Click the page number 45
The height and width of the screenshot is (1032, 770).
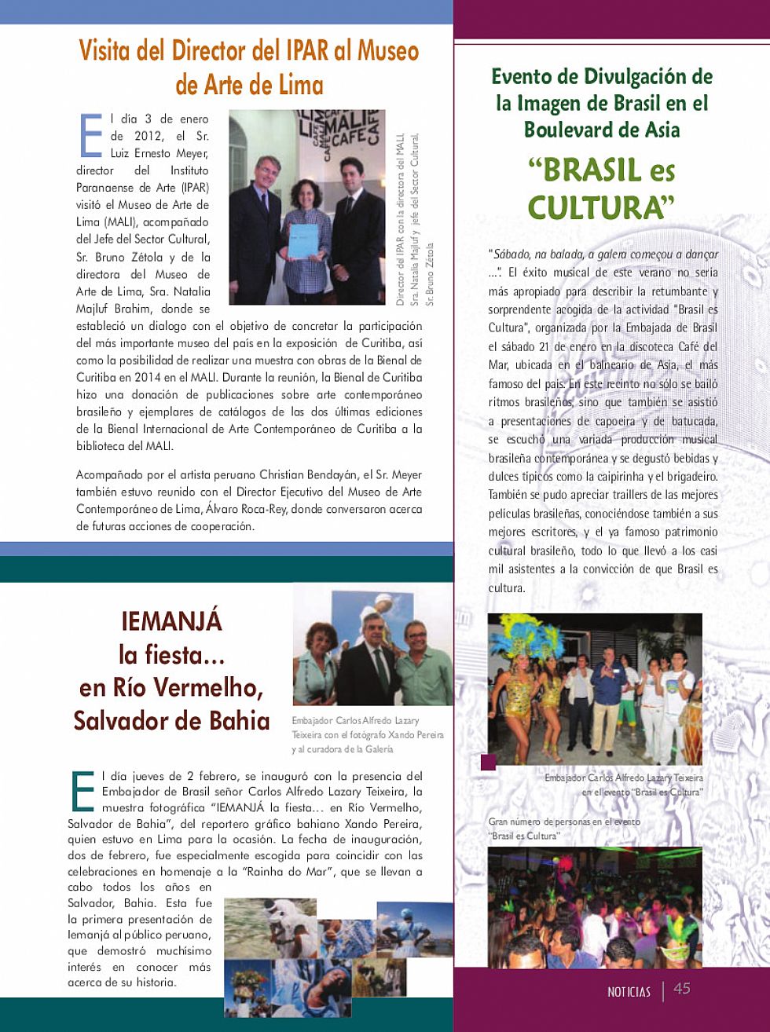pyautogui.click(x=681, y=989)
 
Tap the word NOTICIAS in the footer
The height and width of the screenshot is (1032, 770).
pyautogui.click(x=629, y=992)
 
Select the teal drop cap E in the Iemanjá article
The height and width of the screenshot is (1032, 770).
pyautogui.click(x=82, y=791)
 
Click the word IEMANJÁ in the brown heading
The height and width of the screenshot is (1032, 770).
pyautogui.click(x=171, y=621)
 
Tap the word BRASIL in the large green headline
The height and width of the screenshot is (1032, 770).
pyautogui.click(x=582, y=170)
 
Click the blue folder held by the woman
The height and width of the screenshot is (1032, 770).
pyautogui.click(x=303, y=241)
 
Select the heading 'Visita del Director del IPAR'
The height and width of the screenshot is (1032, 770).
pyautogui.click(x=248, y=51)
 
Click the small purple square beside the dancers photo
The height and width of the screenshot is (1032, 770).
pyautogui.click(x=488, y=761)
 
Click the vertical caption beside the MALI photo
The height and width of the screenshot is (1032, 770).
pyautogui.click(x=414, y=219)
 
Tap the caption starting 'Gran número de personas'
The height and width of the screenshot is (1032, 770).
pyautogui.click(x=563, y=829)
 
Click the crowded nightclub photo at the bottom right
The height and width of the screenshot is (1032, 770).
pyautogui.click(x=594, y=906)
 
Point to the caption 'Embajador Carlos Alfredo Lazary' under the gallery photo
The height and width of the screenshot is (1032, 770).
pyautogui.click(x=367, y=734)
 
